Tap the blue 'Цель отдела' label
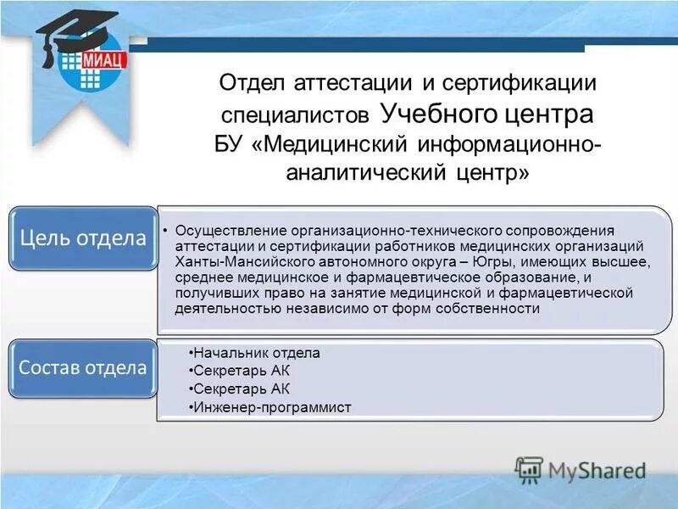(x=83, y=238)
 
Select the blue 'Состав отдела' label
(x=83, y=368)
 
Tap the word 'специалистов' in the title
(x=296, y=115)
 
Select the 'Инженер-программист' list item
(x=272, y=408)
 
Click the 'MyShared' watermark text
(x=597, y=469)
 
